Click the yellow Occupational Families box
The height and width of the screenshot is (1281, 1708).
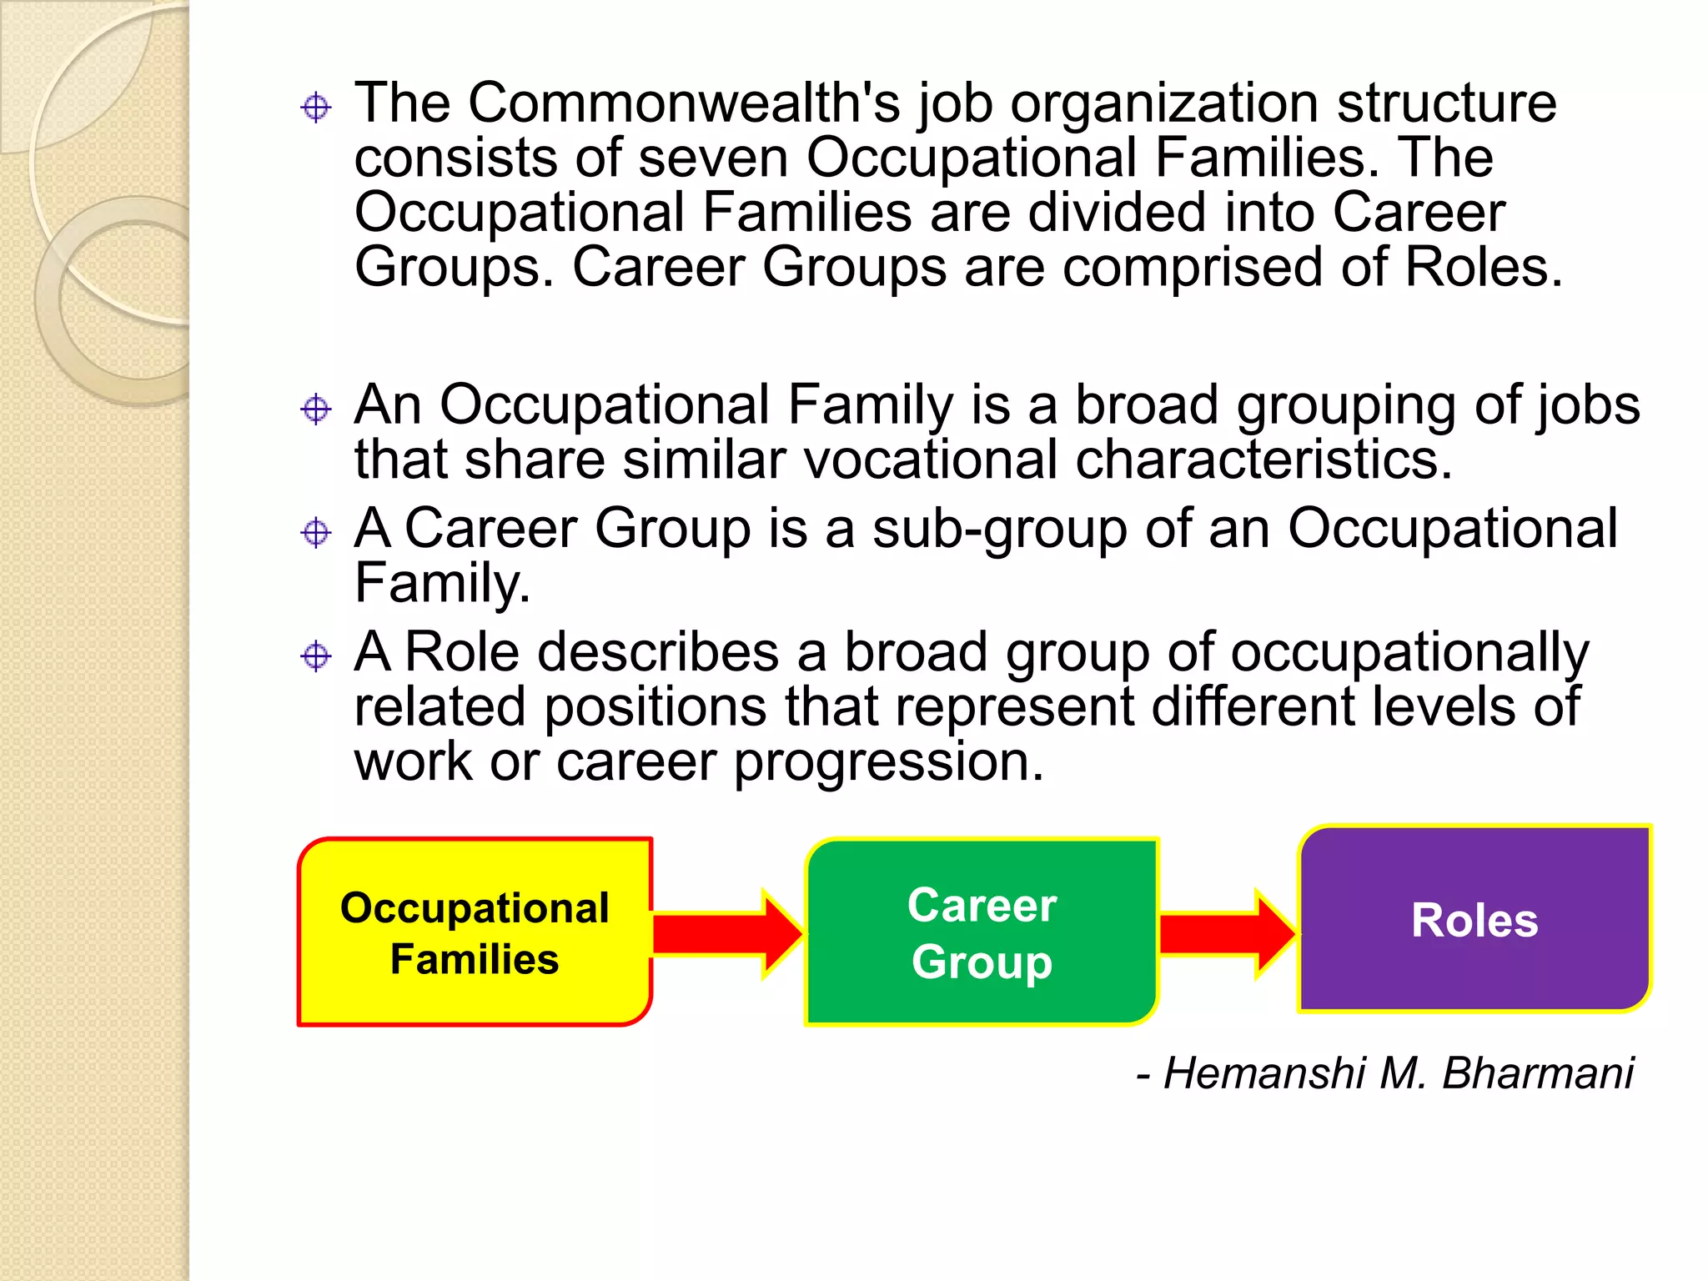(474, 932)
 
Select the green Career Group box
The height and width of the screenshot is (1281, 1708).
(982, 932)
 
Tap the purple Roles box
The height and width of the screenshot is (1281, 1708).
(1474, 919)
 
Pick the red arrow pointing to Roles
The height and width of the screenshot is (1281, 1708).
(1226, 933)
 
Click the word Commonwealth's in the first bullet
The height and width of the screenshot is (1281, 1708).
(684, 103)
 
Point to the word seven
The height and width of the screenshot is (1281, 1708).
(712, 158)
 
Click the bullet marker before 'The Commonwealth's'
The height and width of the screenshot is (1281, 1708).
(316, 108)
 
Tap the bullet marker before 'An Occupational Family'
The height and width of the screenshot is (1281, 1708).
(316, 409)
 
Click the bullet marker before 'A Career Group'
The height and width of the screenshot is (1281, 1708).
(316, 532)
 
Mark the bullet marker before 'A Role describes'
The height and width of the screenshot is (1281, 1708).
(316, 656)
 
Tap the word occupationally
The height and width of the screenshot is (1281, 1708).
(1409, 652)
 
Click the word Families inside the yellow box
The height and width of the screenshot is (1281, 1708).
(474, 959)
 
